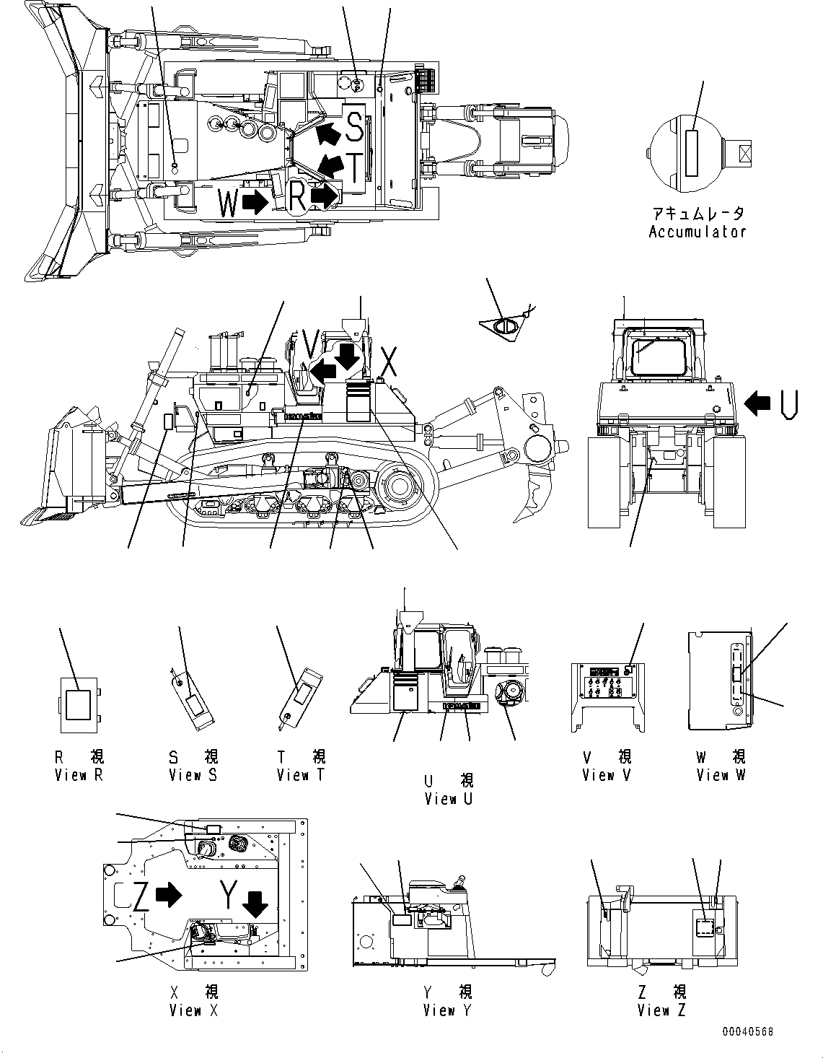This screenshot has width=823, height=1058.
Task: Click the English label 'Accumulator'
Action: pos(697,232)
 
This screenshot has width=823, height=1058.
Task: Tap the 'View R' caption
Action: pos(80,775)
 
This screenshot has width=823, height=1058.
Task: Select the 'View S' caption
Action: pos(193,775)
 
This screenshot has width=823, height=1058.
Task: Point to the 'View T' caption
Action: pos(301,775)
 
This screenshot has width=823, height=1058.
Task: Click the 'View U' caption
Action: pos(449,799)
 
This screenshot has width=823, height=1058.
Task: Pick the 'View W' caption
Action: pos(721,775)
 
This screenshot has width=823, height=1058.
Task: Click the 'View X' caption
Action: pos(193,1010)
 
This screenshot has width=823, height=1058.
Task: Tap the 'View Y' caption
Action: pos(447,1010)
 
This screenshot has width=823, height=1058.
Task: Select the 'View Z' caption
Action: pos(661,1010)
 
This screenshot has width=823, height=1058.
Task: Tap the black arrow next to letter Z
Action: pos(169,895)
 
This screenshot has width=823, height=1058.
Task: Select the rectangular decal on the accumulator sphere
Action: pos(692,153)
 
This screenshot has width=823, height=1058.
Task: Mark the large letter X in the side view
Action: pos(389,363)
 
